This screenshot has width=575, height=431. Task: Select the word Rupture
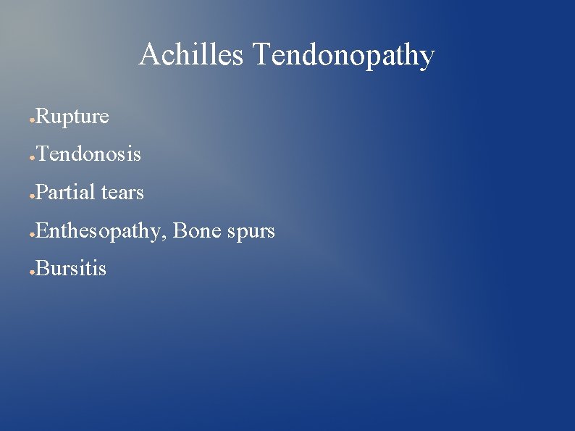coord(72,117)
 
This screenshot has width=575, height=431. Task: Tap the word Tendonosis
coord(88,154)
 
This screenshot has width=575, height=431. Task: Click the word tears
coord(123,193)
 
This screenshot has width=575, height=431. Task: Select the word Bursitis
coord(71,269)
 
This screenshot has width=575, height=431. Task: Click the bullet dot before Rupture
coord(32,119)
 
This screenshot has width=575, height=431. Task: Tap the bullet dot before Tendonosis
coord(32,157)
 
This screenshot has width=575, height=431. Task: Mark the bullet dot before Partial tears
coord(32,196)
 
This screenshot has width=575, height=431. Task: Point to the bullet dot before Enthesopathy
coord(32,234)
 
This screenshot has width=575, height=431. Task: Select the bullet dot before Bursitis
coord(32,272)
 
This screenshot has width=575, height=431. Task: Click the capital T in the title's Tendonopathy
coord(261,55)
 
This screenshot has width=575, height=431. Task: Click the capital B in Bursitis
coord(42,269)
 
